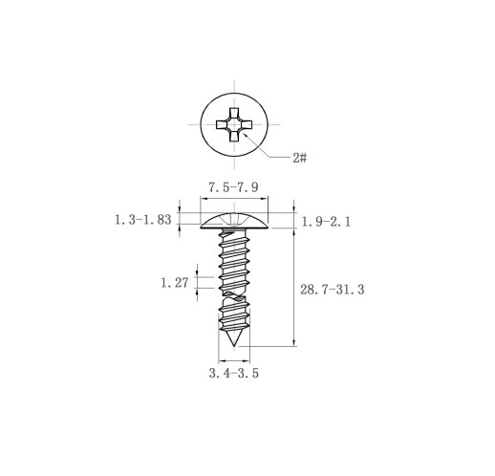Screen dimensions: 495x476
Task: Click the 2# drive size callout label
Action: [300, 158]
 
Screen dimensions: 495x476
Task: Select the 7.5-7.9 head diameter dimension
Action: [233, 187]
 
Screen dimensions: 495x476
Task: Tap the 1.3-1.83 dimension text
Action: [143, 220]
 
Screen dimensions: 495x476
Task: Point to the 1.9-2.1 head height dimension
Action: [326, 222]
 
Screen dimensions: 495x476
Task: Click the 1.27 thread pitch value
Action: [175, 283]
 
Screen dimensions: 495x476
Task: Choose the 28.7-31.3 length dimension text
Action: [333, 290]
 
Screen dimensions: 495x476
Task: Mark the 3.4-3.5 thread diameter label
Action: [234, 373]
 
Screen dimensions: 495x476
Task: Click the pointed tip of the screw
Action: [234, 346]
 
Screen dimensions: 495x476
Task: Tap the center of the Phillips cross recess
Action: [234, 124]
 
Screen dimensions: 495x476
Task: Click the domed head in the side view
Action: [234, 222]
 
